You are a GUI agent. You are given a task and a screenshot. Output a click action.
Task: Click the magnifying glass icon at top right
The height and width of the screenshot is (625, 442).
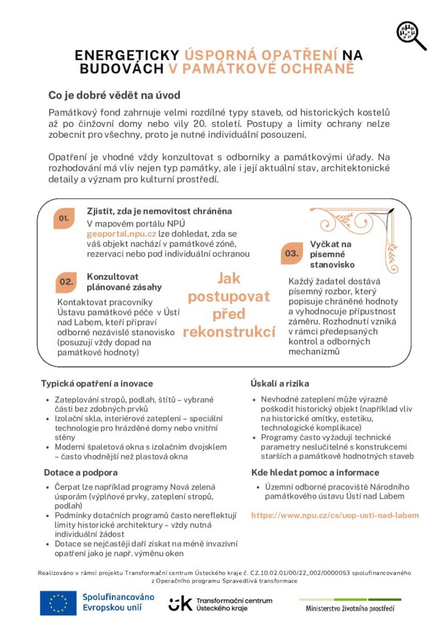411,35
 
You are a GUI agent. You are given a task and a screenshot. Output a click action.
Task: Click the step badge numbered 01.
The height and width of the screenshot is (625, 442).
64,219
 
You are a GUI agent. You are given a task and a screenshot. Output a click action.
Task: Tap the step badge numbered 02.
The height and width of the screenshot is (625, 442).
66,282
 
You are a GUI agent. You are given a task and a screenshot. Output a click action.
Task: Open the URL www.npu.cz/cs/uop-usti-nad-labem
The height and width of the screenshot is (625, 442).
335,515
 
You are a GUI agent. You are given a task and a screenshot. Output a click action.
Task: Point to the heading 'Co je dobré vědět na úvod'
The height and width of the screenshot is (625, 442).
114,96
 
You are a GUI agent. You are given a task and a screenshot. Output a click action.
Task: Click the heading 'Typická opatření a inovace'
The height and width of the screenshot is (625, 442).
89,383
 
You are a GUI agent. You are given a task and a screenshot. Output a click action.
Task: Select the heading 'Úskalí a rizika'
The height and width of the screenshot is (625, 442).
280,383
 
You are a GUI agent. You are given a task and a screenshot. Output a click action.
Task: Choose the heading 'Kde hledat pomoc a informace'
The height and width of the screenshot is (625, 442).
315,472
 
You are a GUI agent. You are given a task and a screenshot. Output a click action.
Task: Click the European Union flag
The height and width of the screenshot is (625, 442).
59,603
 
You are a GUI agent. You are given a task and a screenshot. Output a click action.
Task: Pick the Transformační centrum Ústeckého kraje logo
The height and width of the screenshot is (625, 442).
220,604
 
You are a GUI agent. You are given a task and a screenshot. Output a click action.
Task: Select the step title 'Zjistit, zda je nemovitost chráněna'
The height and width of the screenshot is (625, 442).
159,211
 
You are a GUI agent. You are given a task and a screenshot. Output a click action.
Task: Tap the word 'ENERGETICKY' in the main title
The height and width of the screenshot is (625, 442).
126,55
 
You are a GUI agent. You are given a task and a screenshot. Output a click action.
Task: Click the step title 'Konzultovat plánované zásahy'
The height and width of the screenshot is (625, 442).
125,281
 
